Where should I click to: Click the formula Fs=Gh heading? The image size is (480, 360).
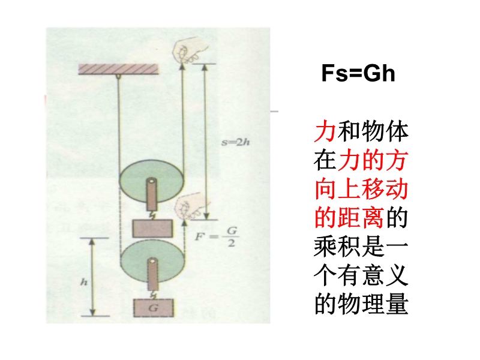(358, 73)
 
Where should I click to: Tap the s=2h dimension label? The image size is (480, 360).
(235, 142)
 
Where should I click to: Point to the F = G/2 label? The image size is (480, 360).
(217, 237)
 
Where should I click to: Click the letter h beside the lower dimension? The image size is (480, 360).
(84, 281)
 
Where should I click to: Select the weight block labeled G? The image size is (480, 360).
(154, 308)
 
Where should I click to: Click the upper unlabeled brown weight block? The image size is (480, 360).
(152, 229)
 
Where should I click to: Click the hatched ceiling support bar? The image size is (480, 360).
(118, 69)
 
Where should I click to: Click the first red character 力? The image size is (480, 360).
(325, 131)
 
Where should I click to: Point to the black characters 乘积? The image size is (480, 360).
(337, 247)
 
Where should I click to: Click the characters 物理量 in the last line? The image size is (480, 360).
(373, 304)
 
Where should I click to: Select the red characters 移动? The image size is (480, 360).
(384, 189)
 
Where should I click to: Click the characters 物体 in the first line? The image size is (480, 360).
(385, 131)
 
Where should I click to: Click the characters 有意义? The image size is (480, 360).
(373, 275)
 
